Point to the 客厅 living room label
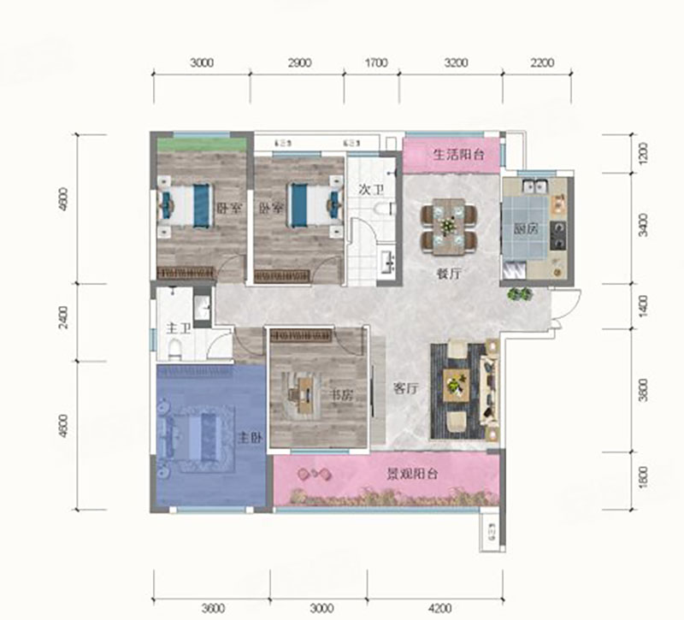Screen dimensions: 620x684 (x=405, y=387)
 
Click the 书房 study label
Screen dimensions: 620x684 (x=341, y=396)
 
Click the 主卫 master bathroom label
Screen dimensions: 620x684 (x=177, y=328)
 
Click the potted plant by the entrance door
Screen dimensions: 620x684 (x=520, y=294)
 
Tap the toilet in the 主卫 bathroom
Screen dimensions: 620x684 (x=174, y=347)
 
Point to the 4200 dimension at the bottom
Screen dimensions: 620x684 (x=439, y=608)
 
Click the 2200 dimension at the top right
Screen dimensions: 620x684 (x=542, y=62)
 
